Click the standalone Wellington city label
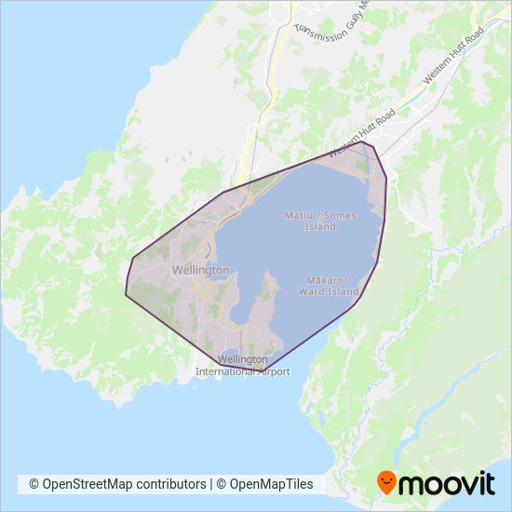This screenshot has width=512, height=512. [200, 270]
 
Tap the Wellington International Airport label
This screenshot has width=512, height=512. [243, 365]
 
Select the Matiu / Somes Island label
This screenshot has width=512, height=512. [319, 221]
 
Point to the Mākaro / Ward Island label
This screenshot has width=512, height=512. [329, 286]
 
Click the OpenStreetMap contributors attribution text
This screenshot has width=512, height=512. [117, 484]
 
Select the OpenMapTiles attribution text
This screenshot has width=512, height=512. [270, 484]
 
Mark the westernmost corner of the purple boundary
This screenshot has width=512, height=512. [126, 296]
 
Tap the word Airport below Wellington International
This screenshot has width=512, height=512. [270, 371]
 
